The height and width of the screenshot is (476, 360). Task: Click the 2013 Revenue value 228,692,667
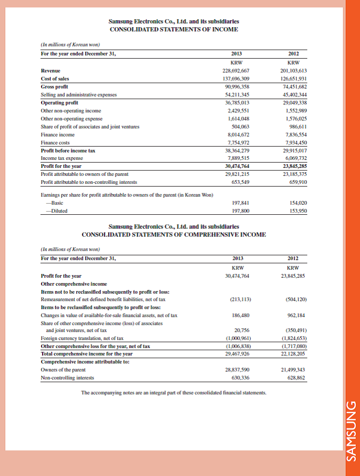click(235, 70)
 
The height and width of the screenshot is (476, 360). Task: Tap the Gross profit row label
click(54, 86)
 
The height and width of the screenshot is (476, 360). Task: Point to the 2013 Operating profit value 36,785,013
click(235, 102)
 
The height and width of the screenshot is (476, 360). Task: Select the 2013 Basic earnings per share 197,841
click(238, 203)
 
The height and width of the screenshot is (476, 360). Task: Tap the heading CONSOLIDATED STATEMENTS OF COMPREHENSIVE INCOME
click(174, 235)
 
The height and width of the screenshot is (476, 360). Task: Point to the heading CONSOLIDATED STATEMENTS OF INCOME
click(174, 29)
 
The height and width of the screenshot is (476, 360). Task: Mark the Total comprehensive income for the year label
click(87, 353)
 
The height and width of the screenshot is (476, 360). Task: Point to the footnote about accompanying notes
click(174, 393)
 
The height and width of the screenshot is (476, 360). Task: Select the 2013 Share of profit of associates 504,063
click(238, 127)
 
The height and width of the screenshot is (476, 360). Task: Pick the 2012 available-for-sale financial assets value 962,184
click(297, 315)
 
